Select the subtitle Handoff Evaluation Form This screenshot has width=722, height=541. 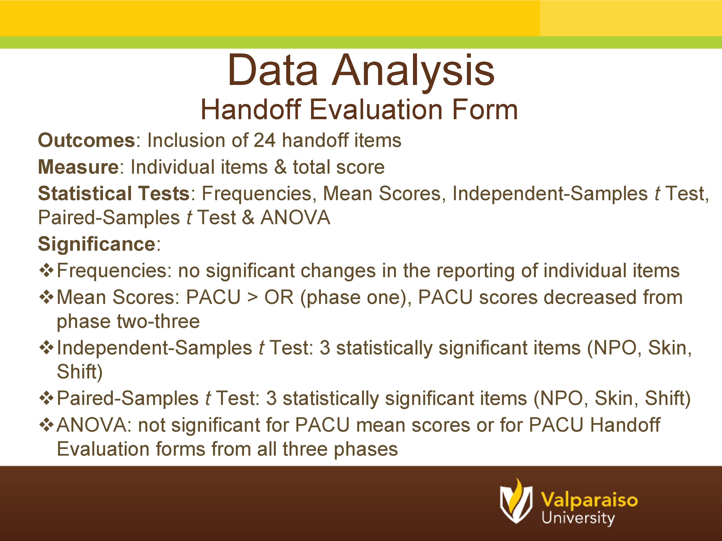coord(359,110)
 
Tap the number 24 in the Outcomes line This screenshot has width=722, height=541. coord(264,140)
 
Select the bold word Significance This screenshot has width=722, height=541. coord(97,244)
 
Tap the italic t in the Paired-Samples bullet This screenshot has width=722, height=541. coord(208,398)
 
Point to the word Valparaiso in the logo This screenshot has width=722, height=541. coord(589,500)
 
